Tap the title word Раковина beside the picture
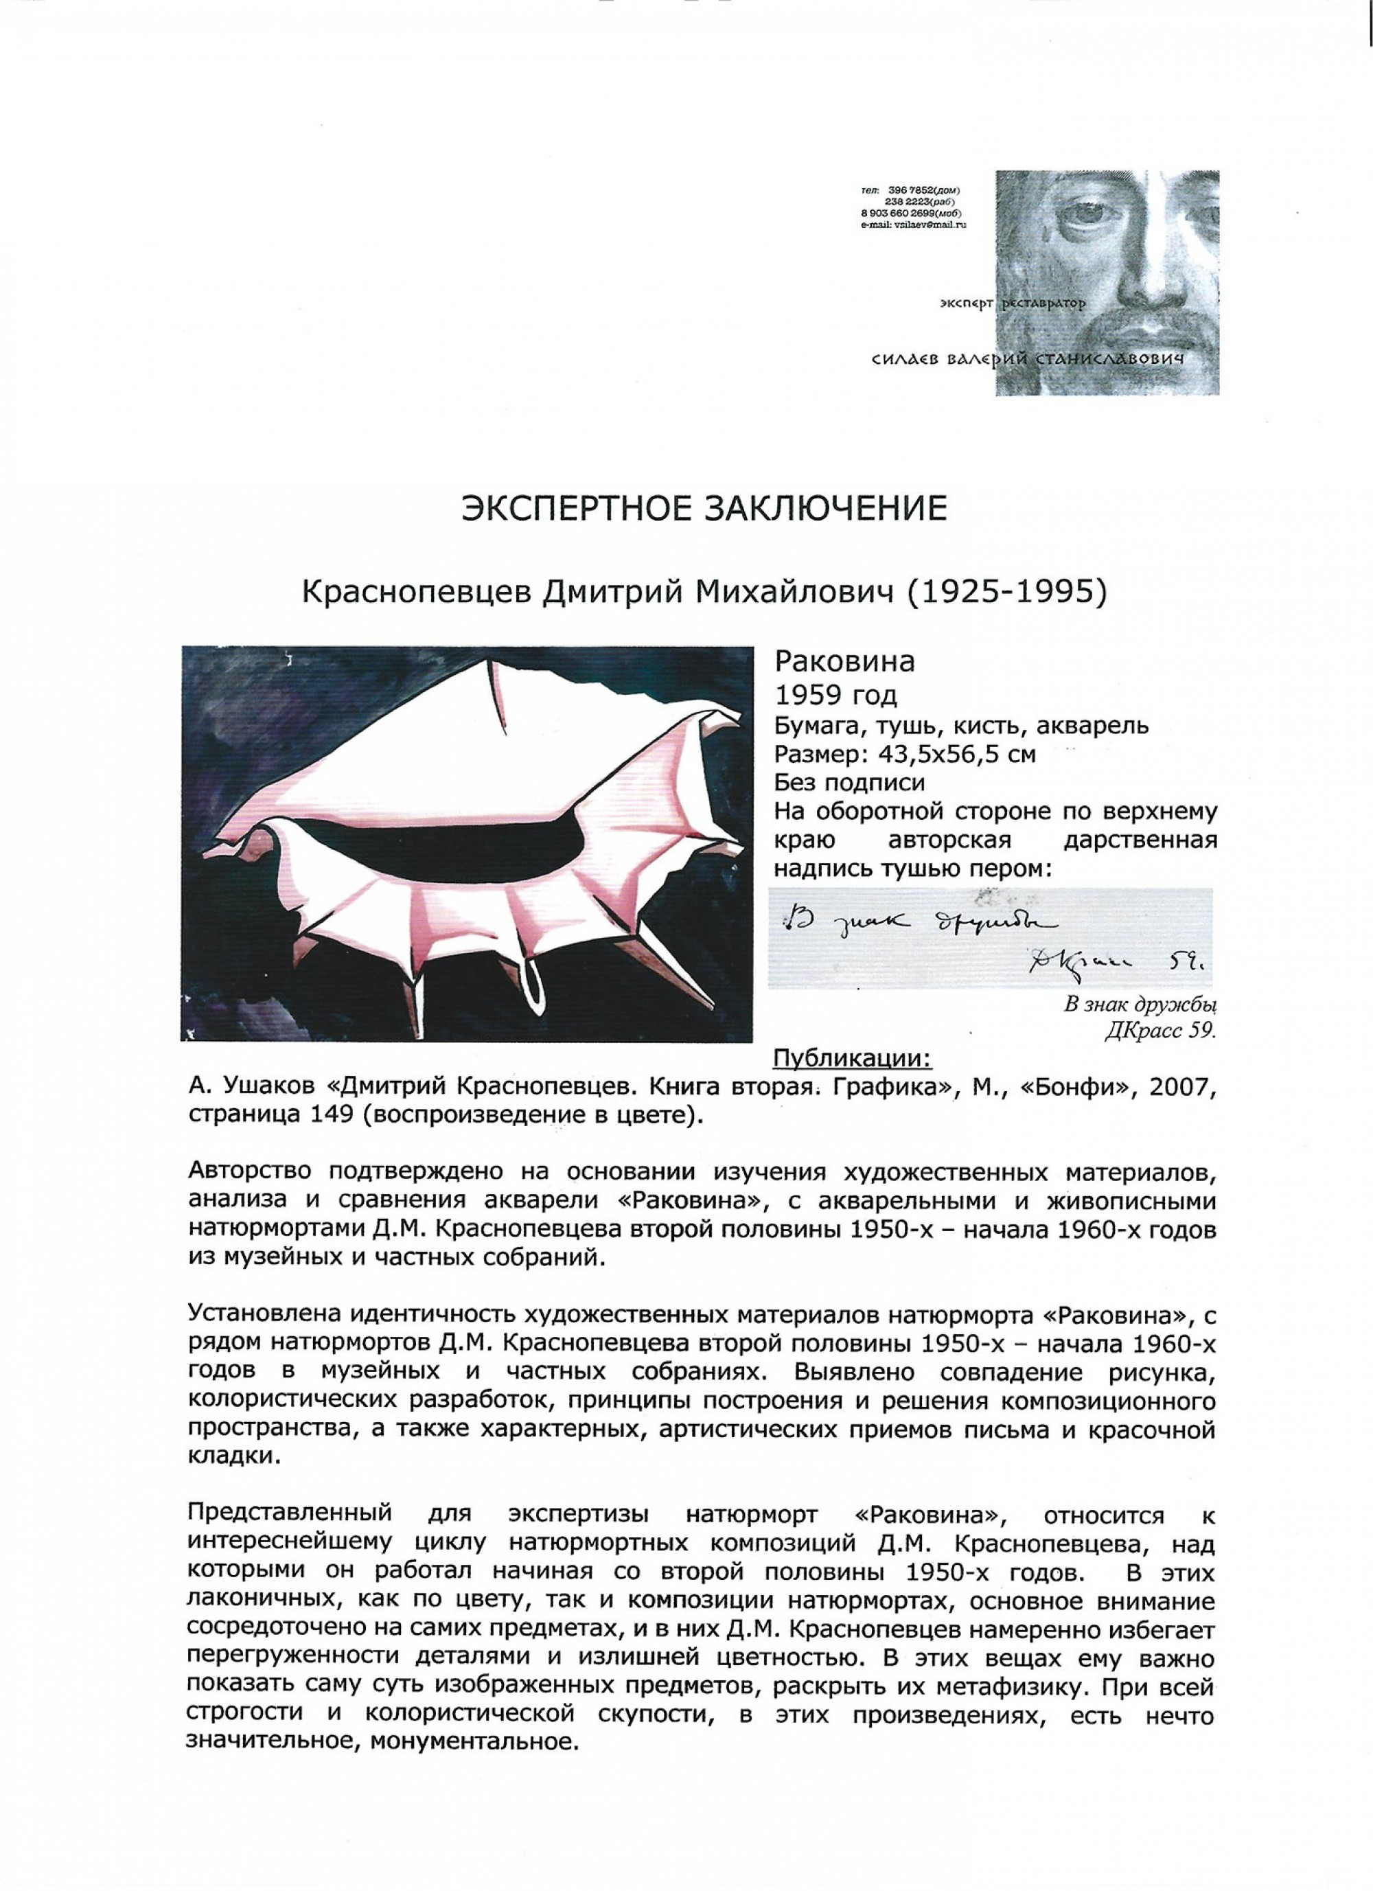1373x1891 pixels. tap(845, 662)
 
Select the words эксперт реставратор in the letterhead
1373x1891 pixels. tap(1011, 304)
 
